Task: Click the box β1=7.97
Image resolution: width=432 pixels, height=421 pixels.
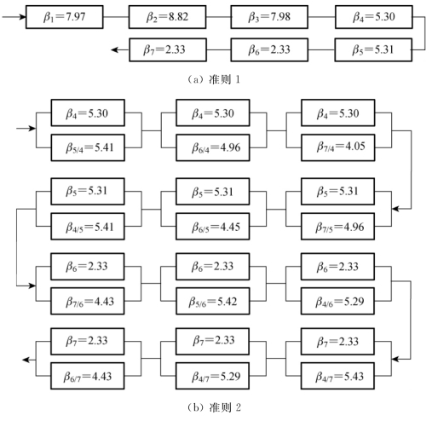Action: (65, 17)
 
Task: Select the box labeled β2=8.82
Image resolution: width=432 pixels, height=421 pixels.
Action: (167, 17)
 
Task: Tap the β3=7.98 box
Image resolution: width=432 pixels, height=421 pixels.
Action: (269, 17)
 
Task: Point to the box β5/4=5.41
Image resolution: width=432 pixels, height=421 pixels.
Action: (88, 147)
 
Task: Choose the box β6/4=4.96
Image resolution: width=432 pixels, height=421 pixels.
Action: (213, 147)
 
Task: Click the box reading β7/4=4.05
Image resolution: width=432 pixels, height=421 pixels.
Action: (338, 147)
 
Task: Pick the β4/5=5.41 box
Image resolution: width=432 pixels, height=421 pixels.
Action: (88, 227)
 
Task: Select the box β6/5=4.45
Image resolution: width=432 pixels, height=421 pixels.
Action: (213, 227)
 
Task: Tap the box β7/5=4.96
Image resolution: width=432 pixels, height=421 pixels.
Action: (337, 227)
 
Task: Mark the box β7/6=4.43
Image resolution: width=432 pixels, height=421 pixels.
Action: (88, 301)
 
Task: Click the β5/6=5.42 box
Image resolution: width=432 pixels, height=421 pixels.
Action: (213, 301)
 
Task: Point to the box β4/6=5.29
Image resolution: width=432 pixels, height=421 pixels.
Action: (337, 301)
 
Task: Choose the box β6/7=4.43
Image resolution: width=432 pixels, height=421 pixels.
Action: (88, 376)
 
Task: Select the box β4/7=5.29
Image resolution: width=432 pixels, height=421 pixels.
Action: (212, 376)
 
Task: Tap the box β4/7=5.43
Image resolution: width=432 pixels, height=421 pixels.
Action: (337, 376)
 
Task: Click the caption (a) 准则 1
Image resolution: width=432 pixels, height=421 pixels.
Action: (214, 79)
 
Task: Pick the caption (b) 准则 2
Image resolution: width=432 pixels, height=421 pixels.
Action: (214, 407)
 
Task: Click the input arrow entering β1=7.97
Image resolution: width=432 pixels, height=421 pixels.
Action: (14, 17)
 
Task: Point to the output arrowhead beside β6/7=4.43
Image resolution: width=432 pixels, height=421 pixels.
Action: (26, 360)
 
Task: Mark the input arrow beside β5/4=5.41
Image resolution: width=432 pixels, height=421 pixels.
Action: (26, 129)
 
